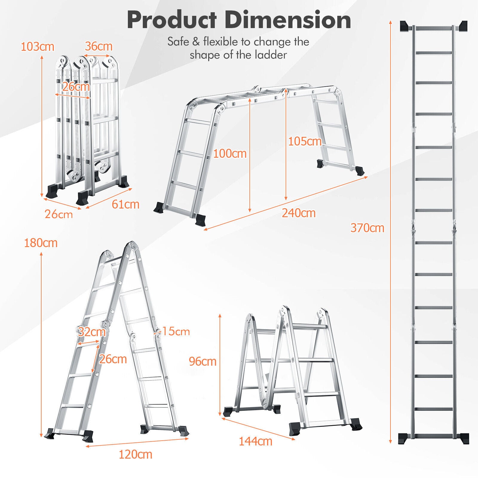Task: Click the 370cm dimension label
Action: [x=367, y=228]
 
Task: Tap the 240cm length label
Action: [x=299, y=213]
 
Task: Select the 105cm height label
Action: [x=305, y=141]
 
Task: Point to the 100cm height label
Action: [x=230, y=154]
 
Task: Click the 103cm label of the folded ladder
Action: [x=37, y=47]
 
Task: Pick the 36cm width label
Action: [x=99, y=46]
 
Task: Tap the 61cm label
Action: [x=125, y=204]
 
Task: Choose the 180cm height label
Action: [x=41, y=243]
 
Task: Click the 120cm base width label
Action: [x=135, y=454]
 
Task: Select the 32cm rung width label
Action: [x=92, y=332]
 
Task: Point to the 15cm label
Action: [x=176, y=331]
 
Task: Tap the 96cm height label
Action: [x=203, y=361]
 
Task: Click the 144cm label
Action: [x=255, y=441]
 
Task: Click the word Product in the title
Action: [x=172, y=20]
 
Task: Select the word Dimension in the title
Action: [x=289, y=20]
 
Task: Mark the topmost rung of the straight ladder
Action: [x=433, y=28]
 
